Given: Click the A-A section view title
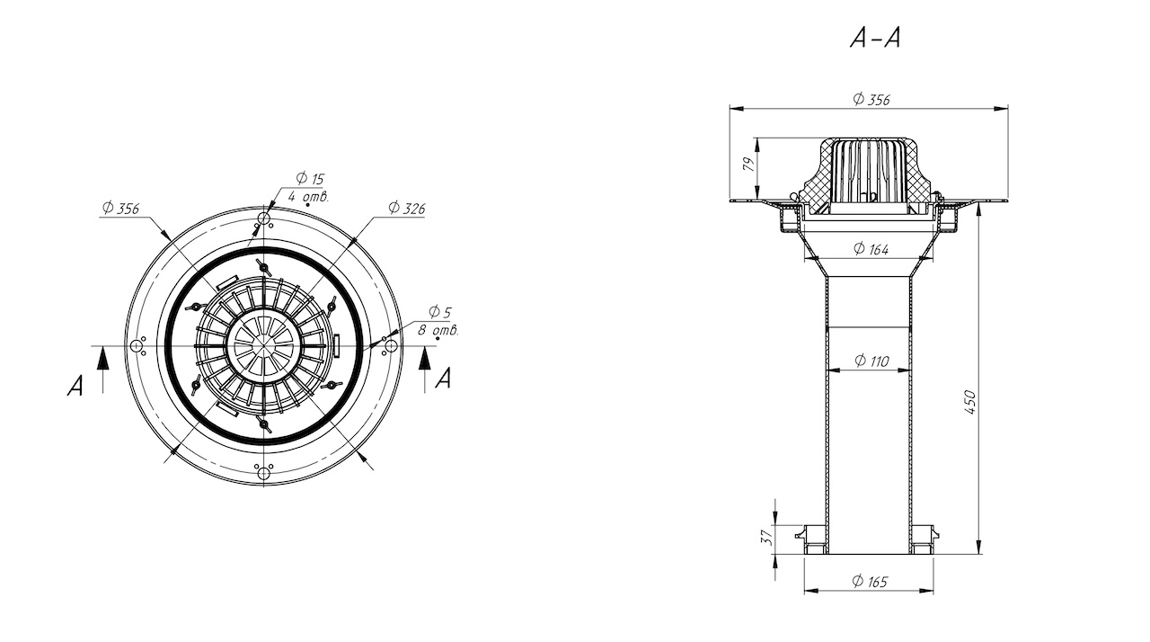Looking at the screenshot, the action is tap(875, 38).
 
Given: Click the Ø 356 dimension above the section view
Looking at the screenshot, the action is tap(871, 99).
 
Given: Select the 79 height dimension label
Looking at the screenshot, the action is tap(749, 165).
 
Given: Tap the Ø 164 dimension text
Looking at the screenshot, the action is tap(871, 249).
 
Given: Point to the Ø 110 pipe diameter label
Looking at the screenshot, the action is tap(871, 361).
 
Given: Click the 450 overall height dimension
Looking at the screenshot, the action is tap(969, 402).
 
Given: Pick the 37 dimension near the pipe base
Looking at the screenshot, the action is tap(766, 537).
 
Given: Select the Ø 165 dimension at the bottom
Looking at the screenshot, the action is tap(870, 582).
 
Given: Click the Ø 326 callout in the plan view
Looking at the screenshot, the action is tap(407, 208).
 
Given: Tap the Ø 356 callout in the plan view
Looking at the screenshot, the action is tap(120, 208).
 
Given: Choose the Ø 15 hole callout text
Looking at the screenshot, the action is tap(310, 178).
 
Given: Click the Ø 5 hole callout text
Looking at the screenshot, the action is tap(440, 312).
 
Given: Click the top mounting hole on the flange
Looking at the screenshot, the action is tap(264, 218).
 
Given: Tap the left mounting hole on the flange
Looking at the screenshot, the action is tap(136, 345).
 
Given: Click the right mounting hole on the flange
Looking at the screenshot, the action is tap(391, 345).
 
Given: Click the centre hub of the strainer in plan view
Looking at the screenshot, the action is tap(263, 345).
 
